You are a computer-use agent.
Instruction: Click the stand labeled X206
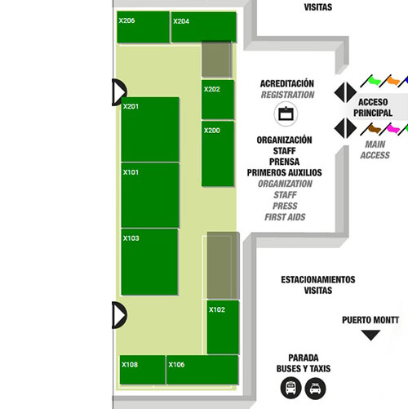pos(144,27)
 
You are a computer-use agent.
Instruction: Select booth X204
pos(204,27)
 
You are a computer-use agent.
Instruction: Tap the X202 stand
pos(218,100)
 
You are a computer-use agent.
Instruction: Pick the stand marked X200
pos(218,153)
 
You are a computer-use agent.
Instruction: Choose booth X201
pos(150,129)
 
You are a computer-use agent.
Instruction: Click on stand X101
pos(150,195)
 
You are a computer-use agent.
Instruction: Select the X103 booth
pos(149,262)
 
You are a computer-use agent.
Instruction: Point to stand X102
pos(223,327)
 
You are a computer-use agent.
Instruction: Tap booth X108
pos(142,370)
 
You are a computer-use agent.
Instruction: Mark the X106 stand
pos(202,370)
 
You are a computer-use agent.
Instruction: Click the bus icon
pos(290,388)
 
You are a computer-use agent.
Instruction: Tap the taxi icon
pos(315,389)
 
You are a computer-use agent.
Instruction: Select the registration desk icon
pos(286,113)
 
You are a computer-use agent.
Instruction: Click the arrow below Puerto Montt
pos(370,335)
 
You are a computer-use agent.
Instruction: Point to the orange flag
pos(390,81)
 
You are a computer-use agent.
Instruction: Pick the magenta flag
pos(390,129)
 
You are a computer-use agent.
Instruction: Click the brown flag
pos(371,129)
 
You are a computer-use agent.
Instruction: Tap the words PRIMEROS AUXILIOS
pos(284,172)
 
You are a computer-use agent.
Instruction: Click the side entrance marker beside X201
pos(119,92)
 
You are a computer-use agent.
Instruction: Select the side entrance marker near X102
pos(119,315)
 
